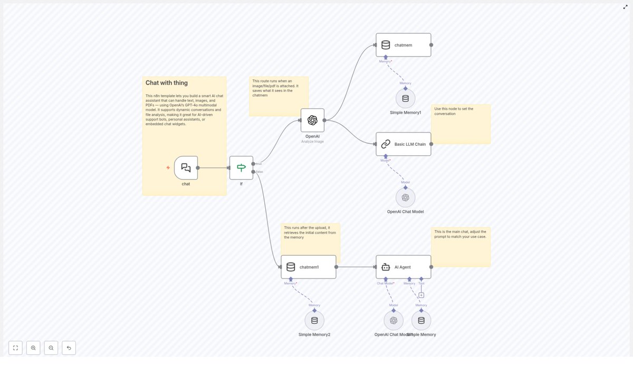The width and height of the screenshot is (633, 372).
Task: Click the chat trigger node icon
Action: pyautogui.click(x=186, y=168)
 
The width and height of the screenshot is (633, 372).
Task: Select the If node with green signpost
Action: pyautogui.click(x=241, y=168)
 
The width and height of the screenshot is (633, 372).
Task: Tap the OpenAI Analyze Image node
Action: pyautogui.click(x=312, y=120)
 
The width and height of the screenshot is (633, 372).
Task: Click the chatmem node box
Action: pyautogui.click(x=403, y=45)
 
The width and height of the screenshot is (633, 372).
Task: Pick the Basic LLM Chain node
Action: pyautogui.click(x=403, y=144)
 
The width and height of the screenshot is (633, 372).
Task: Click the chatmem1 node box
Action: pyautogui.click(x=308, y=267)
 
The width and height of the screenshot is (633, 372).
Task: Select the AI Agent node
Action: pyautogui.click(x=403, y=267)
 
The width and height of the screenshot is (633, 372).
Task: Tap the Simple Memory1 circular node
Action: pyautogui.click(x=405, y=98)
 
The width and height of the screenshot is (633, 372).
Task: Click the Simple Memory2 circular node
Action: pyautogui.click(x=314, y=320)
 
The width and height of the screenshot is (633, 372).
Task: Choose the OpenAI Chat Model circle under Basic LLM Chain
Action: pyautogui.click(x=405, y=198)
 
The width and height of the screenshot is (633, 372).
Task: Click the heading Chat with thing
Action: pyautogui.click(x=167, y=83)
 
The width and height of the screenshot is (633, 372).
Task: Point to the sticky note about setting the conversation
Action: pyautogui.click(x=461, y=124)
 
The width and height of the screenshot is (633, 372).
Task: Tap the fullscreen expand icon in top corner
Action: pyautogui.click(x=626, y=7)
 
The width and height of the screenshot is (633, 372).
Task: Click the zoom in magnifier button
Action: pyautogui.click(x=33, y=348)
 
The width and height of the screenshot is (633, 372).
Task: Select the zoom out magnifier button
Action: pyautogui.click(x=51, y=348)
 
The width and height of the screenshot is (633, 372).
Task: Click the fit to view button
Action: pyautogui.click(x=15, y=348)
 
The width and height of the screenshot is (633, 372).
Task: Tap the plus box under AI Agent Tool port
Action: pyautogui.click(x=421, y=295)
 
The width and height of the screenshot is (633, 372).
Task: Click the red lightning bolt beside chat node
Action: pyautogui.click(x=168, y=168)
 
